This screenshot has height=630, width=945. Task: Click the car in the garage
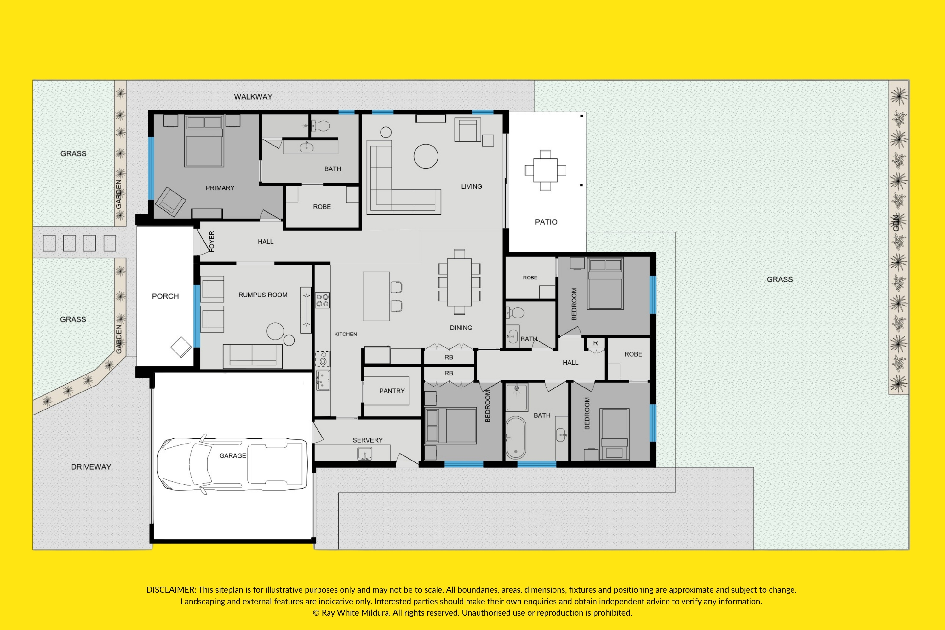[232, 464]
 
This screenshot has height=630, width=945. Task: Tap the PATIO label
[546, 222]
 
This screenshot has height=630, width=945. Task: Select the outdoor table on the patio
[545, 170]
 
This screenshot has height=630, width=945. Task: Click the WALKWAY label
[253, 97]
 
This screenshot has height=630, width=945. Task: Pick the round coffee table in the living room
[426, 156]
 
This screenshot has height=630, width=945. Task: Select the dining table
[459, 282]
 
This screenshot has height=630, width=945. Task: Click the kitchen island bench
[376, 296]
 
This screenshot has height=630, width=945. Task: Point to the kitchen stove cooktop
[322, 300]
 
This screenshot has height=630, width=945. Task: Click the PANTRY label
[392, 391]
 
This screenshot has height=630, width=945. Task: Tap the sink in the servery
[364, 454]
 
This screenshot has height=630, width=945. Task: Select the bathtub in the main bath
[515, 438]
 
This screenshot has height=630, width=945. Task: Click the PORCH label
[165, 296]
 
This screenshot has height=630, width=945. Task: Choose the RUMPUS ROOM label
[263, 295]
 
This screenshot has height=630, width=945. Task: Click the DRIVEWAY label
[91, 467]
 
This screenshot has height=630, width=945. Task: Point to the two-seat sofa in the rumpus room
[252, 356]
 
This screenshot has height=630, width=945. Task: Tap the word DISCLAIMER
[171, 590]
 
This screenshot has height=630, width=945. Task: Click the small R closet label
[595, 343]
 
